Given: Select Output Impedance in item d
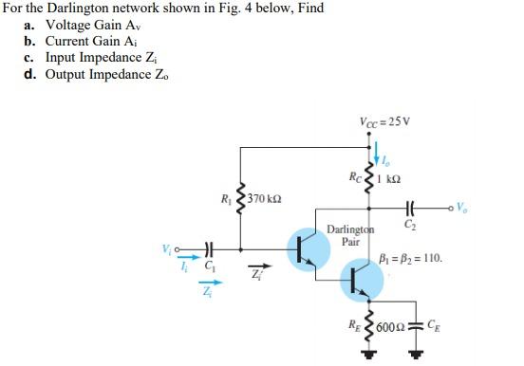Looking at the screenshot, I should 99,76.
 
